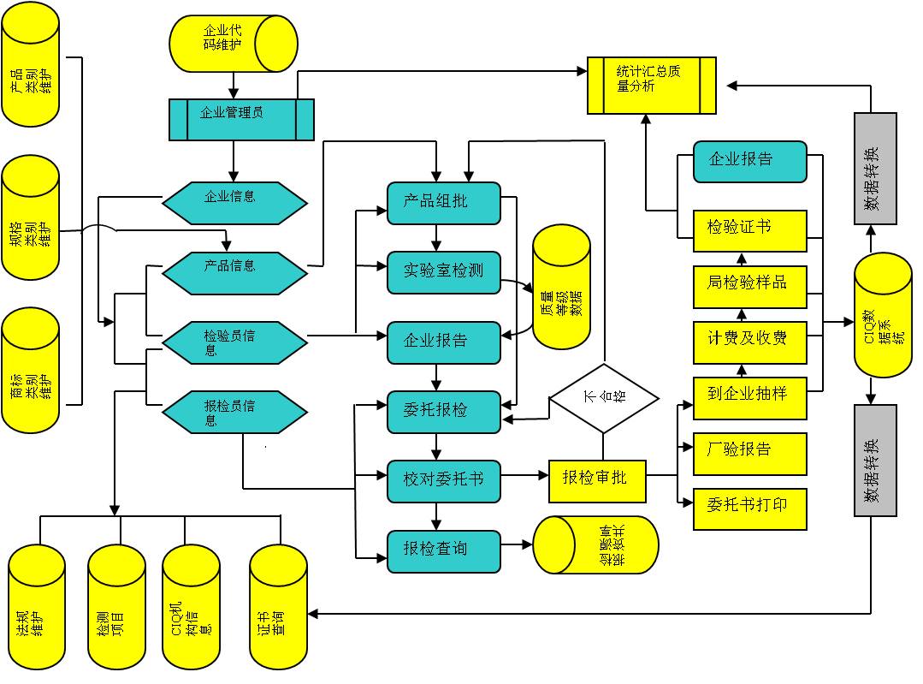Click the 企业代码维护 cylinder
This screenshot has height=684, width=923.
pos(234,43)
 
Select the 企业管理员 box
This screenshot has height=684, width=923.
pos(241,119)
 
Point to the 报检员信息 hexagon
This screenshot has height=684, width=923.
pos(234,413)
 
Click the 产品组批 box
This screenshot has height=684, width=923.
pos(443,203)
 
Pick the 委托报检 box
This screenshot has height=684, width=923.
pos(443,411)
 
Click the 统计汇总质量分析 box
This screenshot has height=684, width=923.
pos(651,86)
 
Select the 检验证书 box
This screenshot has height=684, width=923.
pos(749,230)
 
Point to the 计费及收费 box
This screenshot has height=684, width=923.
pos(749,338)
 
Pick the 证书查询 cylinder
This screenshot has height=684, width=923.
pos(278,609)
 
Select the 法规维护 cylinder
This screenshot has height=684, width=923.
pos(37,609)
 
